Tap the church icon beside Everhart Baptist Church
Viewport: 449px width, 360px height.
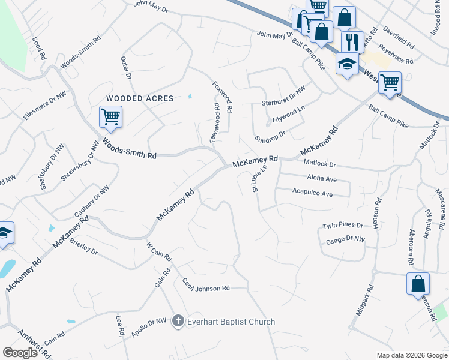point(178,322)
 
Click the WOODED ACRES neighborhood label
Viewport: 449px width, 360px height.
point(140,98)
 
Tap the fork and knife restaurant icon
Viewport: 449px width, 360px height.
point(351,42)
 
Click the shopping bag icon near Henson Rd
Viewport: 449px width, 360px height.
point(418,284)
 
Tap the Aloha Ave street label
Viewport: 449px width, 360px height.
point(322,179)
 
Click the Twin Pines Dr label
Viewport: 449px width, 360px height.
point(343,226)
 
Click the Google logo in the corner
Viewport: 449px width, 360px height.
point(20,353)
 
